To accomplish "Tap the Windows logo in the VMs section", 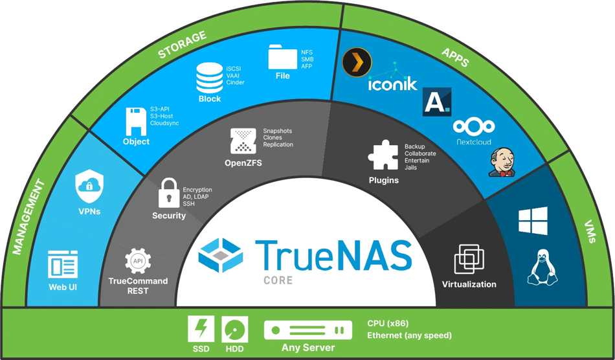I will (x=533, y=221).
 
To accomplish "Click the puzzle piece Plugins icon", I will (x=383, y=155).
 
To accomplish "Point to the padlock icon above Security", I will (x=168, y=194).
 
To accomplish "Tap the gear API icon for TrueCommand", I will (x=137, y=261).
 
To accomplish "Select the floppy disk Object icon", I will (x=135, y=121).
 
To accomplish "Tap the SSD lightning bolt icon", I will (x=201, y=330).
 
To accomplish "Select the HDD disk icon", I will (x=234, y=330).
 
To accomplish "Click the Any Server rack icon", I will (x=307, y=330).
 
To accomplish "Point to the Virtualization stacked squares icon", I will (x=469, y=260).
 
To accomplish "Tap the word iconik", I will (x=392, y=84).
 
